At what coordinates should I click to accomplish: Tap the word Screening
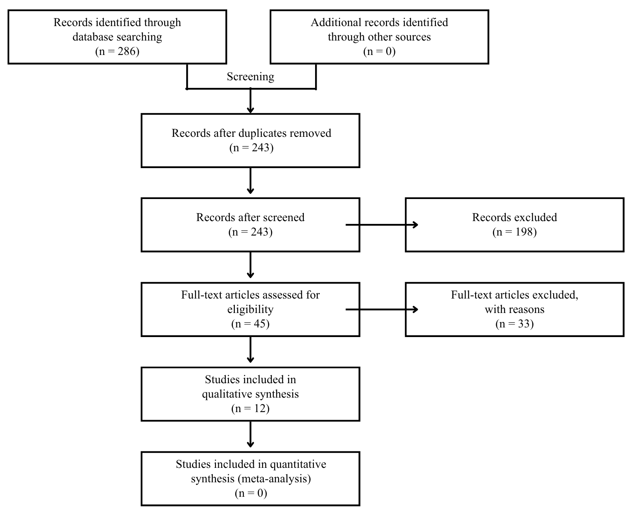[250, 77]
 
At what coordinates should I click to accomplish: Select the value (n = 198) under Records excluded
[515, 232]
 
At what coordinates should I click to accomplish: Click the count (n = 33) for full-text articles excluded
[515, 324]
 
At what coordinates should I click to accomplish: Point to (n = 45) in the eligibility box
[250, 324]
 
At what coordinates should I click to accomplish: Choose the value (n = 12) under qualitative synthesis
[250, 408]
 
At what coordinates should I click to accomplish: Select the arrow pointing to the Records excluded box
[382, 225]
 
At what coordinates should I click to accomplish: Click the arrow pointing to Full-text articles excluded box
[382, 309]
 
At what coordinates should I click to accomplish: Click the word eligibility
[250, 309]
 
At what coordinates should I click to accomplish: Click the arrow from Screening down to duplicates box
[250, 101]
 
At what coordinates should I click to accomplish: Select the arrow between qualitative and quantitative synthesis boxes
[250, 434]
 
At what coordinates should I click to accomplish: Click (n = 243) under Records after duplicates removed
[251, 147]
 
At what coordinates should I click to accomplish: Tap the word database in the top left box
[91, 37]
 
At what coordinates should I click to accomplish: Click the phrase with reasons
[515, 309]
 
